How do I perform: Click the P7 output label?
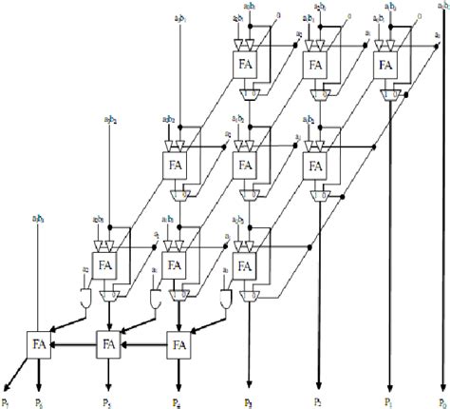pyautogui.click(x=8, y=401)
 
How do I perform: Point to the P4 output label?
pyautogui.click(x=177, y=401)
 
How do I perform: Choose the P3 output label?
pyautogui.click(x=248, y=401)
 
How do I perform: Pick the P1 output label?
pyautogui.click(x=388, y=401)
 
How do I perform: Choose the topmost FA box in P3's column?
pyautogui.click(x=247, y=65)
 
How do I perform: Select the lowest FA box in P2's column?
pyautogui.click(x=317, y=164)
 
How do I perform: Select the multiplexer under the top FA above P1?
pyautogui.click(x=387, y=93)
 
